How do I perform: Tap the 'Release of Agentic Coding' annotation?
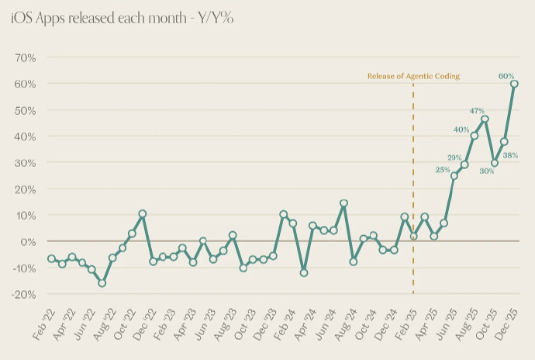pyautogui.click(x=413, y=76)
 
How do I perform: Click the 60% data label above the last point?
pyautogui.click(x=506, y=75)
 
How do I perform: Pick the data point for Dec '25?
pyautogui.click(x=514, y=84)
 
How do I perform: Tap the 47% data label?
pyautogui.click(x=478, y=112)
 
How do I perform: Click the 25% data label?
pyautogui.click(x=443, y=169)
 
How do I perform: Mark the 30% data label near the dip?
pyautogui.click(x=485, y=171)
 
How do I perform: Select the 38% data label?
pyautogui.click(x=510, y=155)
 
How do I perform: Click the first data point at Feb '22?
pyautogui.click(x=52, y=258)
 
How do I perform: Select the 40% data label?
pyautogui.click(x=461, y=130)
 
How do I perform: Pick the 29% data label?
pyautogui.click(x=454, y=157)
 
